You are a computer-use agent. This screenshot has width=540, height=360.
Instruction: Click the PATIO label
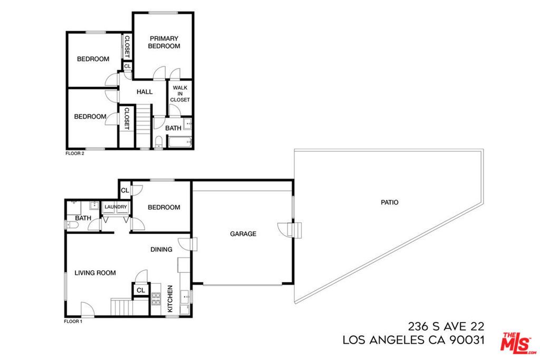[390, 202]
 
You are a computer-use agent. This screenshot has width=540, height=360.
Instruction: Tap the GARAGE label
[243, 233]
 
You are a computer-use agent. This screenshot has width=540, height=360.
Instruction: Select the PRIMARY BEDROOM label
[163, 42]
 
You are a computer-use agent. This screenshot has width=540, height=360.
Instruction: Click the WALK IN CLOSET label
[180, 93]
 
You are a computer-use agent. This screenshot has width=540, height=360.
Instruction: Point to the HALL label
[144, 92]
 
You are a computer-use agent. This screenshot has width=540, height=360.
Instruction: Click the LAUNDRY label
[115, 207]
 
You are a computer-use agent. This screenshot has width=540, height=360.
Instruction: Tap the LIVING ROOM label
[95, 273]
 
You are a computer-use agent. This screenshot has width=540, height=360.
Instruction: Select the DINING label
[161, 249]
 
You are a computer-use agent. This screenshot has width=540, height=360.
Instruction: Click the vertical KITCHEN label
[170, 298]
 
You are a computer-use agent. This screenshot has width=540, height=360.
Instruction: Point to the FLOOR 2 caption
[74, 154]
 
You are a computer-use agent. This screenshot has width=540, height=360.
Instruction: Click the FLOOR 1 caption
[73, 321]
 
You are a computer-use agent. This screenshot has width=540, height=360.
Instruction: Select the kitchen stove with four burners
[156, 299]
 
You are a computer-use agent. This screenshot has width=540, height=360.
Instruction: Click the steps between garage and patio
[296, 231]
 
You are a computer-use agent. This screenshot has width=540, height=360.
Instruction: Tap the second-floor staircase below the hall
[144, 127]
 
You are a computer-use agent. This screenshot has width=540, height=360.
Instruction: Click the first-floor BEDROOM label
[163, 207]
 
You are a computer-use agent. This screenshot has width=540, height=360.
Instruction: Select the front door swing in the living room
[87, 309]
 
